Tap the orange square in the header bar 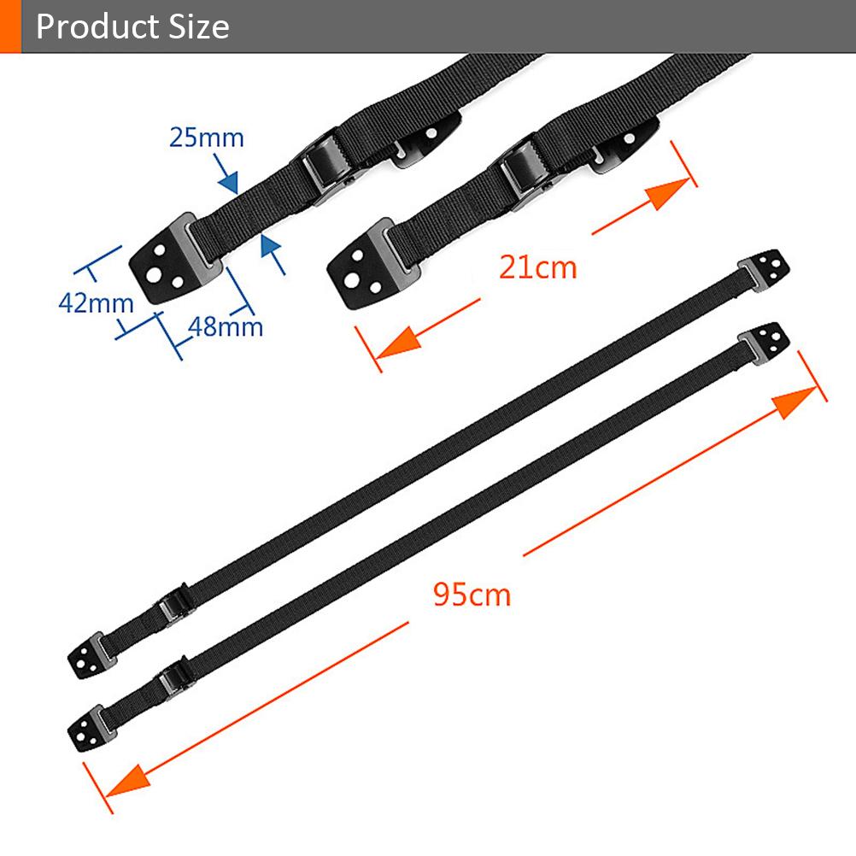pos(10,26)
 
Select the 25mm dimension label pos(207,137)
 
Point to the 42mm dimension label pos(96,303)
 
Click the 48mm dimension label pos(226,327)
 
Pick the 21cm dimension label pos(537,267)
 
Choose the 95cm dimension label pos(472,594)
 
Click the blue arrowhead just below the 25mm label pos(229,182)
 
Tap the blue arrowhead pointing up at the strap pos(270,245)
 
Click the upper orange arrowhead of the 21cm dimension pos(668,193)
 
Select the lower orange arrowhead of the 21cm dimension pos(398,344)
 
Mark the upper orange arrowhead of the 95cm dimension pos(794,401)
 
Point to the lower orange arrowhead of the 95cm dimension pos(128,781)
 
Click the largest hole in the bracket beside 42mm pos(154,275)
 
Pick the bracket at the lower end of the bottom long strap pos(90,730)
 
